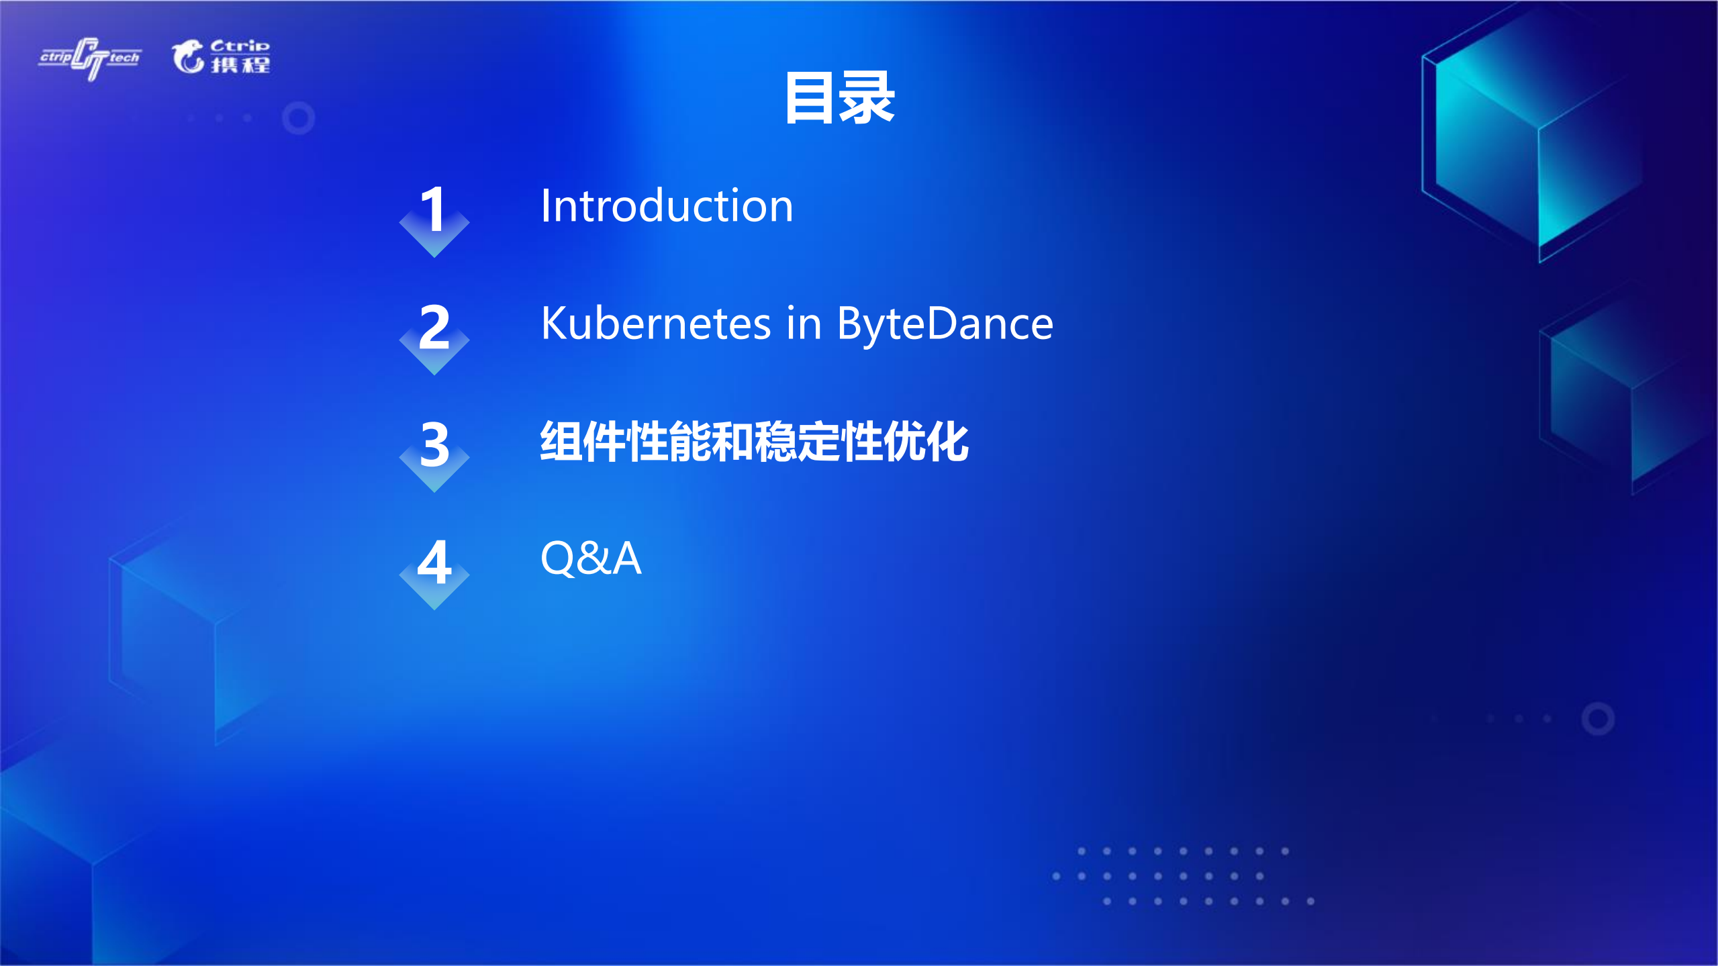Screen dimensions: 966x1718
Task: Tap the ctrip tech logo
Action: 90,58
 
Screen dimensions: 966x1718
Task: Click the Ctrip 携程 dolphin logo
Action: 221,56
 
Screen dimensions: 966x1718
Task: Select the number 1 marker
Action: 434,210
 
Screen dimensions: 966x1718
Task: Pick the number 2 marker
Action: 434,328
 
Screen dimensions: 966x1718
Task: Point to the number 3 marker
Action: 434,445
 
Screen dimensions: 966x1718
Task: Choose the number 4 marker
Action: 434,563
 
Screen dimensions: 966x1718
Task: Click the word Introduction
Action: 667,206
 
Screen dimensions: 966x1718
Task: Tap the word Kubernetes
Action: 655,324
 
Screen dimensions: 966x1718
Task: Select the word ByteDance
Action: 945,324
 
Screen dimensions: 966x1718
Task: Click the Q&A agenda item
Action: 591,559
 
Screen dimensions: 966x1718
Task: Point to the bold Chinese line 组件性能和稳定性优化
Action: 754,442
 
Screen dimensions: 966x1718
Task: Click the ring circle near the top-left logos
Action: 298,118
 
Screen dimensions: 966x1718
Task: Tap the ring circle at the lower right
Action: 1598,719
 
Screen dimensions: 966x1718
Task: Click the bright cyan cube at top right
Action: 1537,141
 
